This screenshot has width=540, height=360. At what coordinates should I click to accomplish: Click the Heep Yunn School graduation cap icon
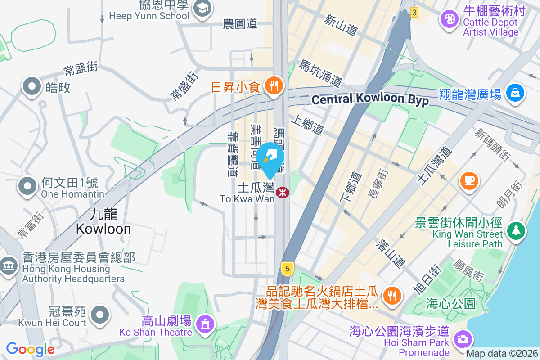click(x=202, y=9)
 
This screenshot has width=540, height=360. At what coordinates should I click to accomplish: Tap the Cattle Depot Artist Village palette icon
click(x=449, y=19)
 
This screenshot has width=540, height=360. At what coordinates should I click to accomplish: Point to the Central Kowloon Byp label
click(x=370, y=100)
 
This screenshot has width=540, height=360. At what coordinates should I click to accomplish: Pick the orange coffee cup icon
click(x=468, y=180)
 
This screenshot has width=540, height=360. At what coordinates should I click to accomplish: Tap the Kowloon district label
click(x=103, y=222)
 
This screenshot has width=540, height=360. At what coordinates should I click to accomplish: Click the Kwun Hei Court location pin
click(x=100, y=314)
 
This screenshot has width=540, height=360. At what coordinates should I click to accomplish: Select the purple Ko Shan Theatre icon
click(x=205, y=323)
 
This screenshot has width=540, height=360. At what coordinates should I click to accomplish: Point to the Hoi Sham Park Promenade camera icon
click(x=462, y=338)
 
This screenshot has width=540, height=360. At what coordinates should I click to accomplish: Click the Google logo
click(x=30, y=349)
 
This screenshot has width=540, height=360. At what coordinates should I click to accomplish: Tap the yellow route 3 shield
click(x=414, y=13)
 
